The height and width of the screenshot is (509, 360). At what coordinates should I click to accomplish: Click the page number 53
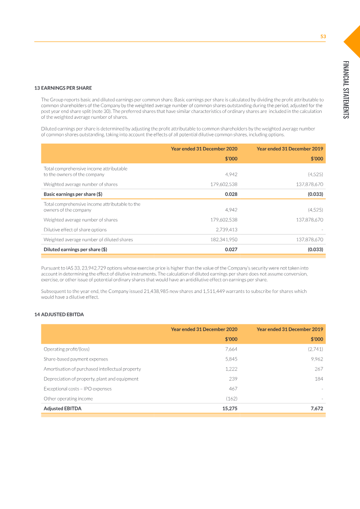(323, 36)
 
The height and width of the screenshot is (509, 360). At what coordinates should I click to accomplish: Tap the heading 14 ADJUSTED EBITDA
(59, 315)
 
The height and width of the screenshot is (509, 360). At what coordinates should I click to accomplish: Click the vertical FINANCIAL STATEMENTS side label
(345, 90)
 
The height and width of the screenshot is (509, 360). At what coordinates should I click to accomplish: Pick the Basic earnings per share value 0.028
(231, 194)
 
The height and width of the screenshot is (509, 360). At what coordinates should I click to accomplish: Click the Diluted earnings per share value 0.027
(231, 249)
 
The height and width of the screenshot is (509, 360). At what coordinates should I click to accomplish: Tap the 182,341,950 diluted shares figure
(224, 239)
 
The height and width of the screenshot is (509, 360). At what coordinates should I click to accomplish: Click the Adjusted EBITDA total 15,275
(230, 409)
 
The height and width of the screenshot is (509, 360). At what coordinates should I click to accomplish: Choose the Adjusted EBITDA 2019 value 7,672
(316, 409)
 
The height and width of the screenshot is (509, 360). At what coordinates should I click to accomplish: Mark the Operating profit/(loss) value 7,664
(231, 349)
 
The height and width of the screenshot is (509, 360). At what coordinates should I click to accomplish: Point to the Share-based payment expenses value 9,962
(317, 359)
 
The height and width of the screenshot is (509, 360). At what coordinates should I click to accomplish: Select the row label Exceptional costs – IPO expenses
(77, 389)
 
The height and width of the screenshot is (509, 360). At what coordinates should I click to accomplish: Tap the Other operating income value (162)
(231, 399)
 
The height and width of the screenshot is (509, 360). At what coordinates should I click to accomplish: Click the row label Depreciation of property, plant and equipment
(91, 379)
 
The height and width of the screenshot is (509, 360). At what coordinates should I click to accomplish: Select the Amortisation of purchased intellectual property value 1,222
(231, 369)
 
